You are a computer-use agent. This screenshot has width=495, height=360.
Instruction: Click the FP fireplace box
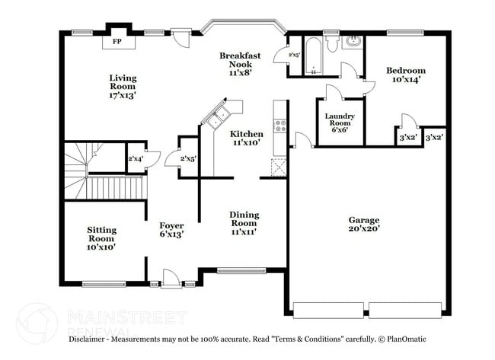tap(117, 41)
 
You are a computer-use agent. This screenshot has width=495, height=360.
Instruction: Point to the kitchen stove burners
tap(279, 126)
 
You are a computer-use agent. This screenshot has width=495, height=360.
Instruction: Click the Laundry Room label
tap(339, 123)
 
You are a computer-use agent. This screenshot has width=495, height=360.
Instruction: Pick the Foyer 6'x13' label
tap(171, 230)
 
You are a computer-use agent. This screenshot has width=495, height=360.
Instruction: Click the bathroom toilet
tap(331, 44)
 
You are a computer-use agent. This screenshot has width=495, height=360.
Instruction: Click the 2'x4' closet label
tap(135, 158)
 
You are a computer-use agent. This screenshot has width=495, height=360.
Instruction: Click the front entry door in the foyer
tap(171, 279)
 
